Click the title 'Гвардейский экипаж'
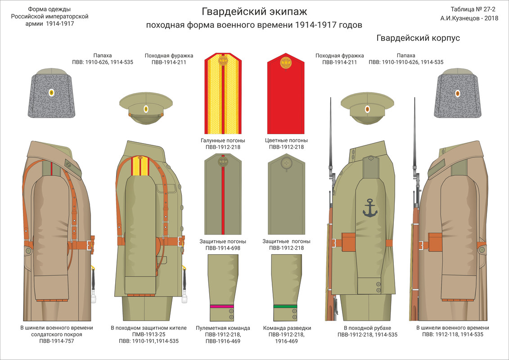coord(254,11)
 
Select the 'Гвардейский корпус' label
coord(418,38)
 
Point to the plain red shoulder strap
coord(286,94)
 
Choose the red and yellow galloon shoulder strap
coord(223,94)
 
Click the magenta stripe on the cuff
coord(221,306)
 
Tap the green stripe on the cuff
coord(285,306)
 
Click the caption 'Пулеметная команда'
coord(223,328)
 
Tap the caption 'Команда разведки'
coord(287,328)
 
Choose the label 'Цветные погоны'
coord(286,140)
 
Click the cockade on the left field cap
coord(146,109)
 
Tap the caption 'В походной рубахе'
coord(367,328)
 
